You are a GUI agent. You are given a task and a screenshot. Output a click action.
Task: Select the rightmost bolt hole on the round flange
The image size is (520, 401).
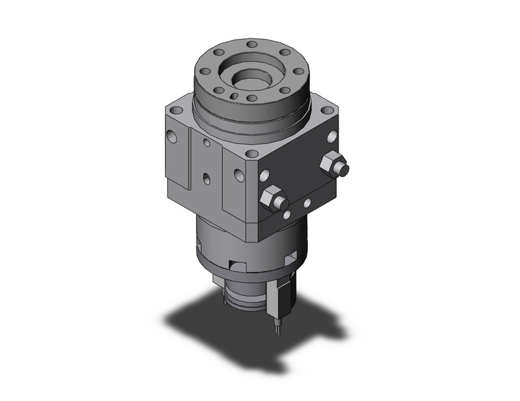coord(298,70)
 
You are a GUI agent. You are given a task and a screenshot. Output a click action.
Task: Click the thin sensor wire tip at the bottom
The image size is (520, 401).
coord(276,331)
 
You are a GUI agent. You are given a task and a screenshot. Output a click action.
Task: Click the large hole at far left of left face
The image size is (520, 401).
coord(172,137)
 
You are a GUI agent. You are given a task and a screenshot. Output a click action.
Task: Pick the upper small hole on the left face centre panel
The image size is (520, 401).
coord(207,143)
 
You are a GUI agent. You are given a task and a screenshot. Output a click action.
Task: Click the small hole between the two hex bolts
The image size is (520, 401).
coord(307,202)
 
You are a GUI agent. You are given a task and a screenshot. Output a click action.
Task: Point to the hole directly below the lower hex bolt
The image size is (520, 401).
coord(286,215)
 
